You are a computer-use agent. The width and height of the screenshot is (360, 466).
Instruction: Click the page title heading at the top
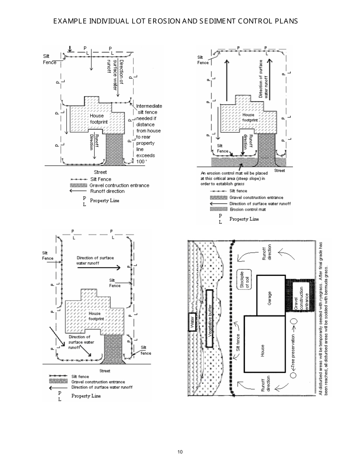[175, 21]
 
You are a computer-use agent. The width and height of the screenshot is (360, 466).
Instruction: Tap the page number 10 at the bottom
[180, 452]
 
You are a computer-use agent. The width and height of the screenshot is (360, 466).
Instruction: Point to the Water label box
[192, 322]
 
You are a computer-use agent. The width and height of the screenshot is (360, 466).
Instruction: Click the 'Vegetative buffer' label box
[210, 319]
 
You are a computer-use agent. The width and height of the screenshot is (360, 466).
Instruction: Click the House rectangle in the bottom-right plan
[264, 344]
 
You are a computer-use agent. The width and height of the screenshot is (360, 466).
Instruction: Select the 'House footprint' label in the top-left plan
[99, 119]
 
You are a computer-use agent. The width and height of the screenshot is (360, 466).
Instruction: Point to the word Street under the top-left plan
[100, 172]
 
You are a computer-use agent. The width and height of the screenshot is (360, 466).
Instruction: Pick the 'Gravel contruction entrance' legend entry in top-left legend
[119, 186]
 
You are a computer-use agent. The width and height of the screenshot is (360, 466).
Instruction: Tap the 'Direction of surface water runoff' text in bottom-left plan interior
[95, 260]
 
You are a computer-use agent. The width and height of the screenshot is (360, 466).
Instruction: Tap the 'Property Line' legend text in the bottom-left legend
[86, 396]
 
